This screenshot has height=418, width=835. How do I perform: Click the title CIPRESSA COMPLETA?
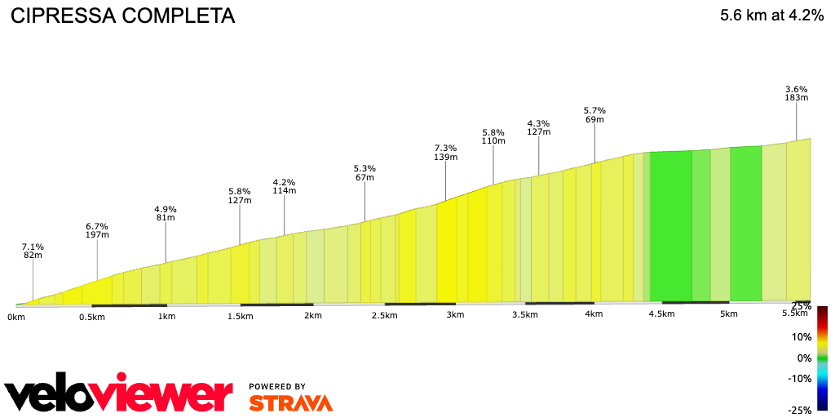click(x=122, y=16)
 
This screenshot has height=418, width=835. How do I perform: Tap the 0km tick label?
click(x=16, y=316)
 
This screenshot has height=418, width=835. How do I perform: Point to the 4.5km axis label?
click(x=661, y=314)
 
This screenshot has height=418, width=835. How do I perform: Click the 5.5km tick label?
click(x=794, y=313)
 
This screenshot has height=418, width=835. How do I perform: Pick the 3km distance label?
click(x=455, y=315)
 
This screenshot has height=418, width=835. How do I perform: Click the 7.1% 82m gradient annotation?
click(x=33, y=251)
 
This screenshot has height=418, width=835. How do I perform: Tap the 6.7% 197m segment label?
click(x=97, y=230)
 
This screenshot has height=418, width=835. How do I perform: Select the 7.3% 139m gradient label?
click(x=445, y=153)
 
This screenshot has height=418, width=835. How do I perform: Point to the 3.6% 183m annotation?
click(x=796, y=93)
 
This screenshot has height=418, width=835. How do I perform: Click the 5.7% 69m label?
click(x=594, y=114)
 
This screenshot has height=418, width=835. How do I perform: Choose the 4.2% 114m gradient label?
click(x=284, y=186)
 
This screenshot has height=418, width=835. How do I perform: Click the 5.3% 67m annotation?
click(x=364, y=173)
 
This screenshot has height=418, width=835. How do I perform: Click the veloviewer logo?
click(x=118, y=396)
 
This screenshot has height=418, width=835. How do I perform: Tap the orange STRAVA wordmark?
click(x=290, y=403)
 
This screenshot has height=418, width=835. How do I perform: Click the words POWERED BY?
click(x=277, y=386)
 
